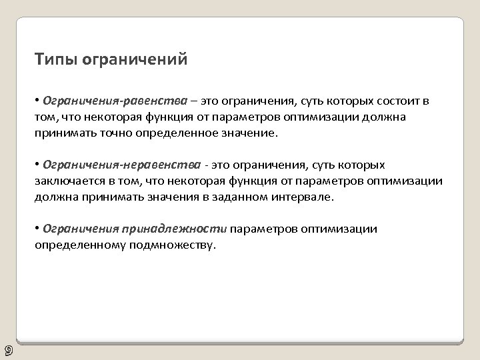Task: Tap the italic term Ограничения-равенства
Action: coord(115,101)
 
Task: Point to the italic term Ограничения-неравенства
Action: coord(121,165)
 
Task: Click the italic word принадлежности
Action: coord(174,229)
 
